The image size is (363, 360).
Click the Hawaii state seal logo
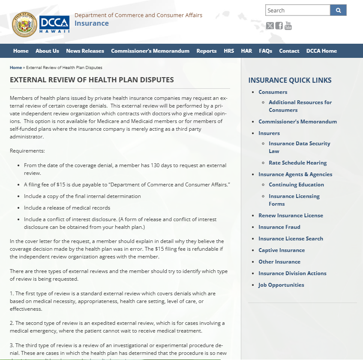[x=24, y=24]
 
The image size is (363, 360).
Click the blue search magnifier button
[x=338, y=10]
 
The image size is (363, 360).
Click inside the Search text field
[x=297, y=10]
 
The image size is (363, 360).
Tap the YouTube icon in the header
[x=288, y=26]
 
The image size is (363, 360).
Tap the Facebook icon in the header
[x=279, y=26]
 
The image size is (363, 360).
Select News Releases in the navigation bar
[x=85, y=51]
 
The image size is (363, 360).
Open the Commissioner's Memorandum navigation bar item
[x=150, y=51]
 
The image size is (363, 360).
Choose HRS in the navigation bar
[x=229, y=51]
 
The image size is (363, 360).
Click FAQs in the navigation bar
[x=265, y=51]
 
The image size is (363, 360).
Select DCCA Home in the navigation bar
[x=321, y=51]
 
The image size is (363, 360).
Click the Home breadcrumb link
[x=16, y=68]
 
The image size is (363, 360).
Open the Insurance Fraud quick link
[x=279, y=227]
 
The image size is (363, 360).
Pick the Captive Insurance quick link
[x=282, y=250]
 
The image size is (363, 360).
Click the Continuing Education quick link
[x=296, y=185]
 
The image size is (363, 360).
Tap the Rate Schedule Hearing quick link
[x=297, y=163]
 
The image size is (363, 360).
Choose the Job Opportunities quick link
[x=281, y=285]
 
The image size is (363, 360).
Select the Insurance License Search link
[x=291, y=239]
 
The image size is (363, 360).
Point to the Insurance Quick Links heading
[x=290, y=80]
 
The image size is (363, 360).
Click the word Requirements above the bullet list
[x=27, y=151]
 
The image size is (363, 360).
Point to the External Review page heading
[x=92, y=80]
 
